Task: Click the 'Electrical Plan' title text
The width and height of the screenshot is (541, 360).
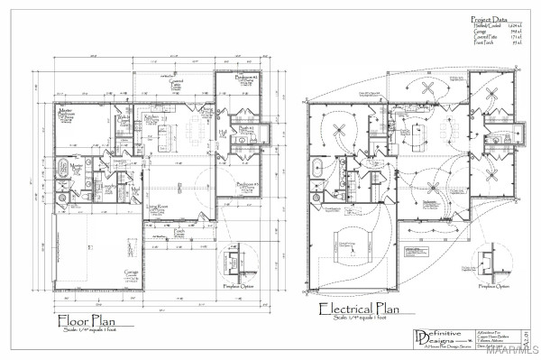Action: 359,310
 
